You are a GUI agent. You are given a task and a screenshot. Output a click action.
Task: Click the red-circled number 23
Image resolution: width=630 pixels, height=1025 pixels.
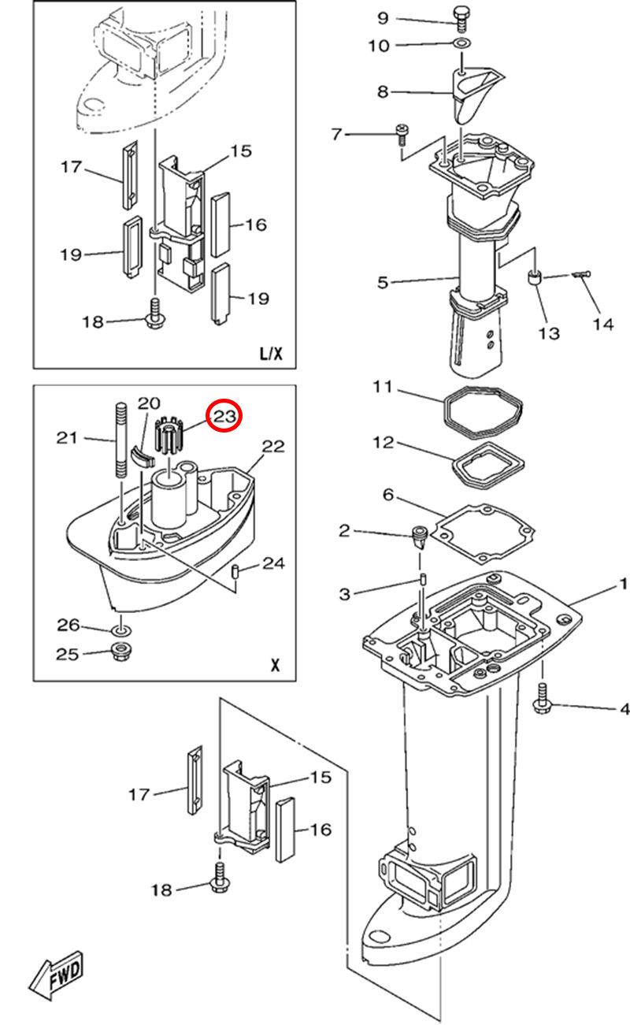pos(224,416)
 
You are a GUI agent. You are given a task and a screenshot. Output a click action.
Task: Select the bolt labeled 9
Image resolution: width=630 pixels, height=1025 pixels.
pos(461,18)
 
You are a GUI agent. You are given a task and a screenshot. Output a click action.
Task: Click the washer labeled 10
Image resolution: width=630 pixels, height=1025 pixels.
pos(461,44)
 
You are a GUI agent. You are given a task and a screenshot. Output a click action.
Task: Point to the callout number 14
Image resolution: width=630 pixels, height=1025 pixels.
pos(603,325)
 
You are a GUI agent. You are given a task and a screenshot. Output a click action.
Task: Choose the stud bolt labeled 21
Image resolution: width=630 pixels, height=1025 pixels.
pos(120,440)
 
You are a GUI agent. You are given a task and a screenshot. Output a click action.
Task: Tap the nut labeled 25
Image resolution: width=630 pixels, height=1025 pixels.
pos(120,651)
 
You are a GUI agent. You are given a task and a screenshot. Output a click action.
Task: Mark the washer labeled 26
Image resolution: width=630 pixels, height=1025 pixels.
pos(120,631)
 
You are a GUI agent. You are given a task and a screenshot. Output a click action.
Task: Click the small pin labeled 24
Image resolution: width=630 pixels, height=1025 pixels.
pos(235,571)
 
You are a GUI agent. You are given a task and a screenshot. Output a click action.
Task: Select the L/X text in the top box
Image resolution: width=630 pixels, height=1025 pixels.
pos(272,353)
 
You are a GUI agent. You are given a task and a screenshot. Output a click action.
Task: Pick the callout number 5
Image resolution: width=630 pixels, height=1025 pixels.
pos(383,282)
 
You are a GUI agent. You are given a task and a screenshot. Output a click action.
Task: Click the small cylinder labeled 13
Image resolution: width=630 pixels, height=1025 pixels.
pos(535,278)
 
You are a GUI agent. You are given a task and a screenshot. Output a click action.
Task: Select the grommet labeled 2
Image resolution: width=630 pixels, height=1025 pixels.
pos(419,537)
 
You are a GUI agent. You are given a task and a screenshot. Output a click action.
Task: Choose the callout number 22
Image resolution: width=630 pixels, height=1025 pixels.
pos(273,446)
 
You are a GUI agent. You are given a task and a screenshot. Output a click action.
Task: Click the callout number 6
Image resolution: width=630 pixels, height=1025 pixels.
pos(388,495)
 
